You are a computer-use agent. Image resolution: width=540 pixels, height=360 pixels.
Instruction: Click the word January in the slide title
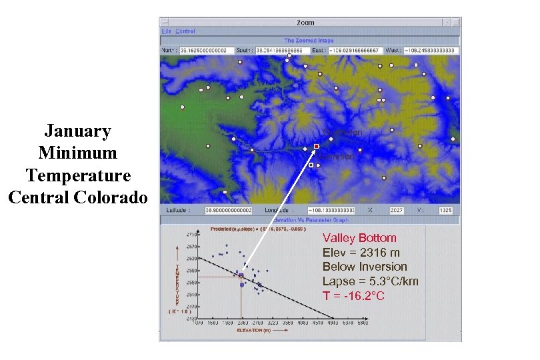click(x=77, y=131)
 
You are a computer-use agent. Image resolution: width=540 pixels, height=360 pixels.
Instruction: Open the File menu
click(x=167, y=31)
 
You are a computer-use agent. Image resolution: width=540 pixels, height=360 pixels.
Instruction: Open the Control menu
click(x=185, y=31)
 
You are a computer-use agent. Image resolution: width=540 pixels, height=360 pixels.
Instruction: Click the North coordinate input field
click(x=204, y=51)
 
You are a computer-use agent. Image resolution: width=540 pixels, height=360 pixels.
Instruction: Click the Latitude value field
click(x=229, y=211)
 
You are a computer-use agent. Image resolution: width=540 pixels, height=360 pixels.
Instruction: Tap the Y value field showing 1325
click(x=446, y=211)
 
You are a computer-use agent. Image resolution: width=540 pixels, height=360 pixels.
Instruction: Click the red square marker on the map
click(x=317, y=146)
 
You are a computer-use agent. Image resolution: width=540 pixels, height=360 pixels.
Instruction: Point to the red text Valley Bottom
click(x=359, y=238)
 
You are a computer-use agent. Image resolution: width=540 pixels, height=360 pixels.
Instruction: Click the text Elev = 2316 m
click(x=361, y=253)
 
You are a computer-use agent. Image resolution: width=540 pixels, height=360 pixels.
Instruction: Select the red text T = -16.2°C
click(x=353, y=295)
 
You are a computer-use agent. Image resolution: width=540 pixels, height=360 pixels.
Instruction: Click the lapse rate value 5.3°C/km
click(x=393, y=281)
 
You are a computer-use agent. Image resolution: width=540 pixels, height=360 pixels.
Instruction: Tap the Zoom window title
click(x=305, y=23)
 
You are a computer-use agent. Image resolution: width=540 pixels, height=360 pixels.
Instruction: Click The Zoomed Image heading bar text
click(x=309, y=41)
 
